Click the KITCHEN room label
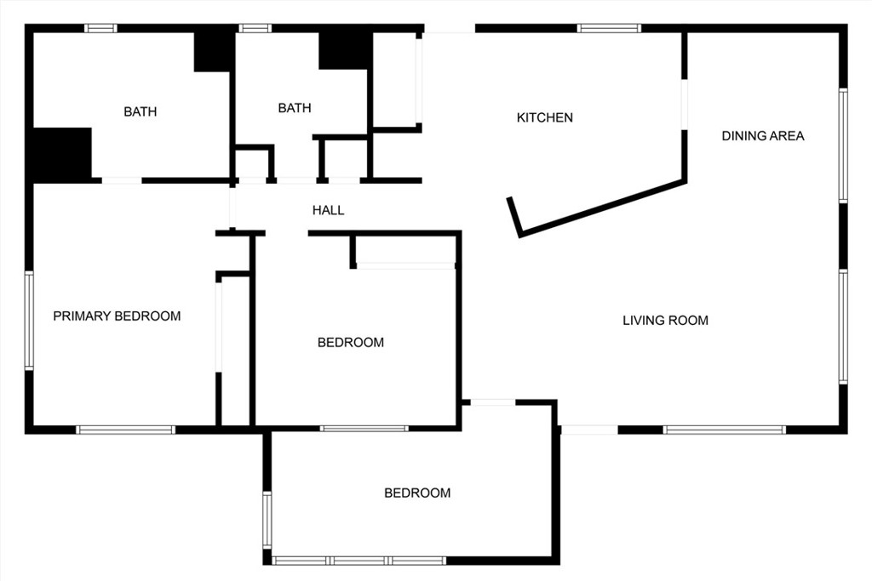[545, 117]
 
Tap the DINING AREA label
[763, 135]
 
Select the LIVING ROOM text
[665, 321]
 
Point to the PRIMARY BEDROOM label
[117, 316]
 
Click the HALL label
[328, 210]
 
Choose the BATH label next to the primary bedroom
[140, 111]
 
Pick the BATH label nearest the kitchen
[295, 108]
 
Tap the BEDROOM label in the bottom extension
[417, 493]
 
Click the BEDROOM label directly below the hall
[351, 343]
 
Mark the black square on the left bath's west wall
[61, 153]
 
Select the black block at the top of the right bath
[344, 49]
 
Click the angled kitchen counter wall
[600, 206]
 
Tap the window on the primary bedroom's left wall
[29, 320]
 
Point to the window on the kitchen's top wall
[609, 28]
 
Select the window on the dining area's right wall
[843, 145]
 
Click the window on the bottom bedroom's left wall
[267, 519]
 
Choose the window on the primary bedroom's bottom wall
[126, 430]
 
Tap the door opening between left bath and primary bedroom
[122, 180]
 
